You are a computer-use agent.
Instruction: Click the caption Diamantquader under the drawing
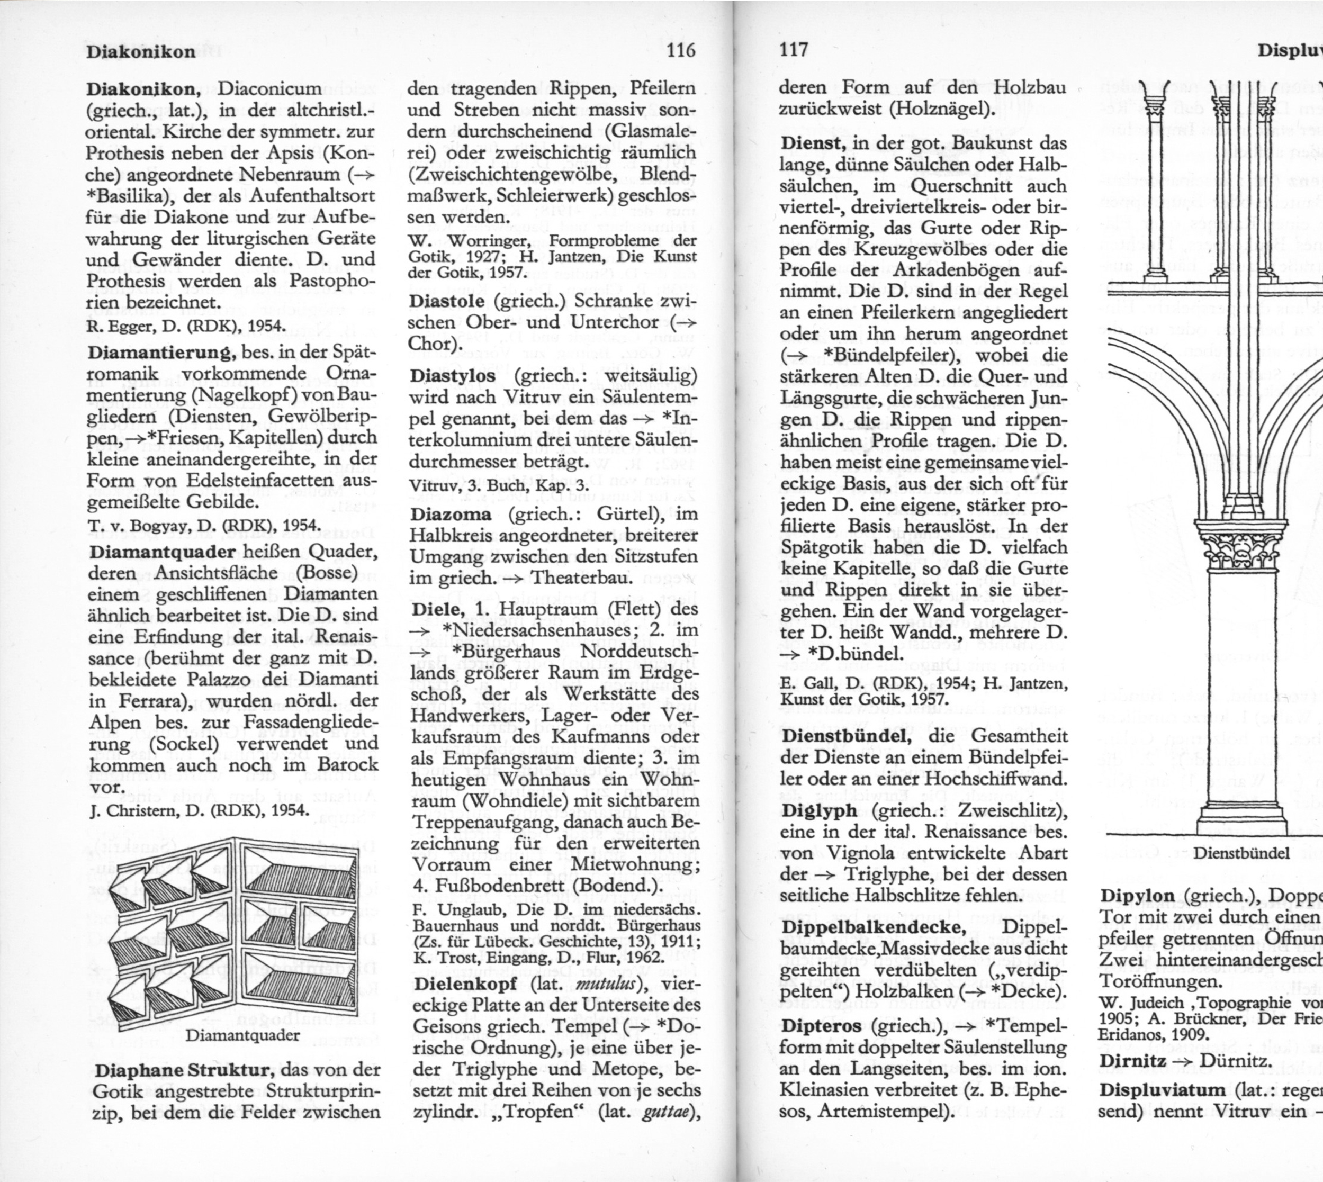tap(243, 1035)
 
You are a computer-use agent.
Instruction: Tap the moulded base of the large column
tap(1243, 817)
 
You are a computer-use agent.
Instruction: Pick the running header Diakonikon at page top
tap(140, 52)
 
